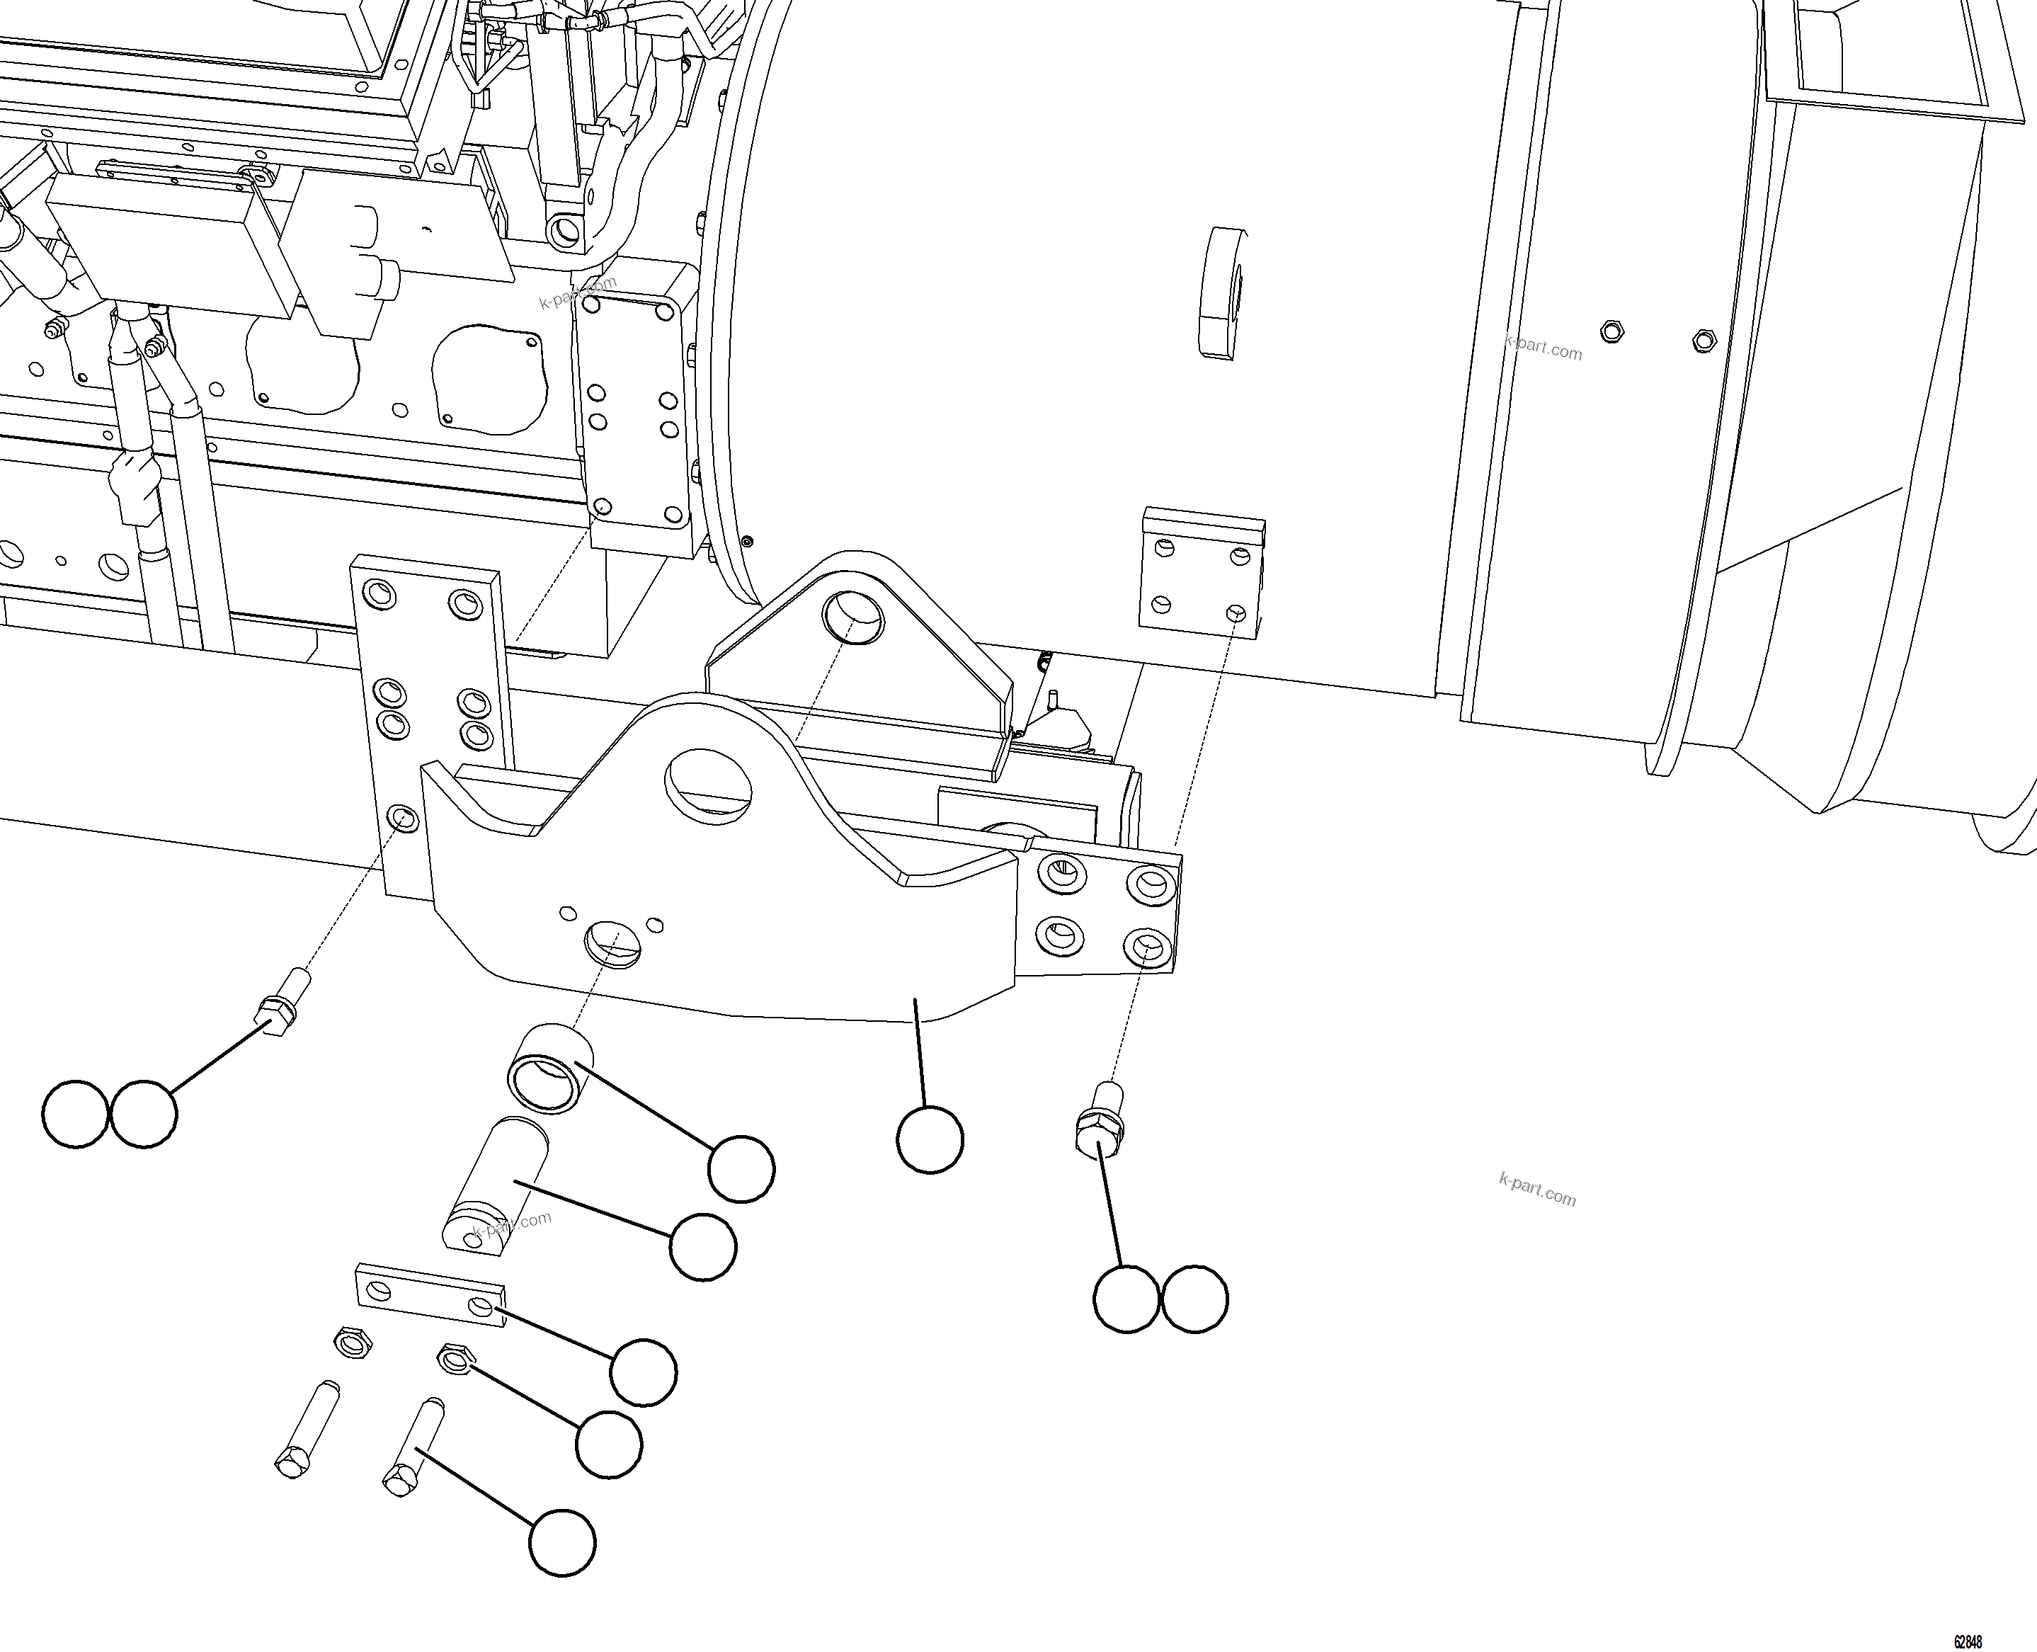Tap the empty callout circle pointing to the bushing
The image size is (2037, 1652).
point(741,1168)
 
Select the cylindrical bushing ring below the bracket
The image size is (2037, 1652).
point(550,1068)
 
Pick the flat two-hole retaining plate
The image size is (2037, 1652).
point(430,1295)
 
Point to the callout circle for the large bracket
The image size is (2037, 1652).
point(930,1139)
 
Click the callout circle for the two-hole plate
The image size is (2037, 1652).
point(643,1372)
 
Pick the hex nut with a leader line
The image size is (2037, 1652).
point(454,1358)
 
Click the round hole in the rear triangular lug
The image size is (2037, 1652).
point(853,617)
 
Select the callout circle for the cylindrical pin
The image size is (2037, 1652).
point(703,1247)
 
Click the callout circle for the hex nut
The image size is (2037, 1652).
point(609,1445)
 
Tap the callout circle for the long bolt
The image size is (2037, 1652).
point(561,1542)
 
